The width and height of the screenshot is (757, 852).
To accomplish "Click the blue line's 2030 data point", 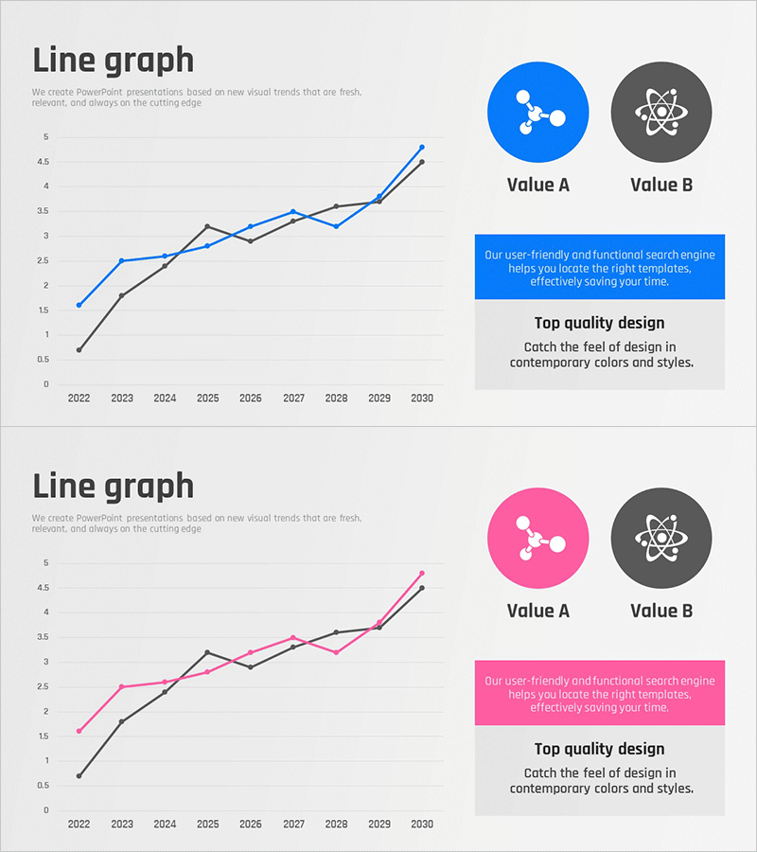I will pos(422,148).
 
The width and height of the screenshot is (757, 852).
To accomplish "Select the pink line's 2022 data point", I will pos(79,731).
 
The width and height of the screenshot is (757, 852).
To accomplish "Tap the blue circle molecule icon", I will pos(537,112).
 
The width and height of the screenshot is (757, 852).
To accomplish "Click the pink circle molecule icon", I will pos(537,538).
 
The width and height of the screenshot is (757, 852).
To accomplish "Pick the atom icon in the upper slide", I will pos(661,112).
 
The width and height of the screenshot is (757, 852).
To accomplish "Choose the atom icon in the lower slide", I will pos(661,538).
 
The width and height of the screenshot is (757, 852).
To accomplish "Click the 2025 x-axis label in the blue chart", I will pos(207,399).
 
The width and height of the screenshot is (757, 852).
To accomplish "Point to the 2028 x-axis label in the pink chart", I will pos(336,825).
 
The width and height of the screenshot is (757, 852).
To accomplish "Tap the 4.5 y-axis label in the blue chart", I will pos(42,162).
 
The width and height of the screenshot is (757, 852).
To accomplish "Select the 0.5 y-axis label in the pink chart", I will pos(42,786).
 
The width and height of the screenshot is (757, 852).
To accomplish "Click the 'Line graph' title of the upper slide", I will pos(114,61).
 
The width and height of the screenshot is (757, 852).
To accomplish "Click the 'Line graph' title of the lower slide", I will pos(114,487).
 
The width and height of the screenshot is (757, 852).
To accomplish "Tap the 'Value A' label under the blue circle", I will pos(537,186).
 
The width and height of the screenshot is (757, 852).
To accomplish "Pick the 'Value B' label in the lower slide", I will pos(661,612).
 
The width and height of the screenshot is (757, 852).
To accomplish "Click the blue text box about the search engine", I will pos(600,268).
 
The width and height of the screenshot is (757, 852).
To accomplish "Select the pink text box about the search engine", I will pos(600,694).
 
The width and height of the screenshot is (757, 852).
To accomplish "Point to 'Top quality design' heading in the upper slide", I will pos(600,324).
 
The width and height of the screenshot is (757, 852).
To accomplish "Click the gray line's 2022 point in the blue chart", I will pos(79,350).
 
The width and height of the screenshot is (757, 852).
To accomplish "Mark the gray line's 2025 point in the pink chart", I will pos(207,652).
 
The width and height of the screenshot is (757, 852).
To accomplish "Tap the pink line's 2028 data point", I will pos(336,652).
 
